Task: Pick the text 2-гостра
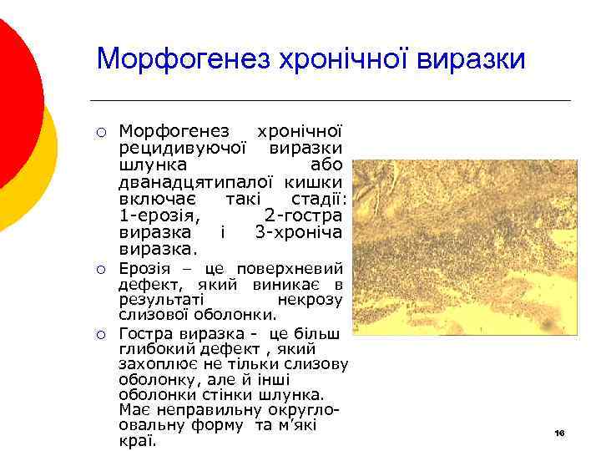pyautogui.click(x=304, y=215)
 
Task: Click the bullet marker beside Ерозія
pyautogui.click(x=99, y=270)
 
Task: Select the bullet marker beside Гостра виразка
pyautogui.click(x=99, y=335)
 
